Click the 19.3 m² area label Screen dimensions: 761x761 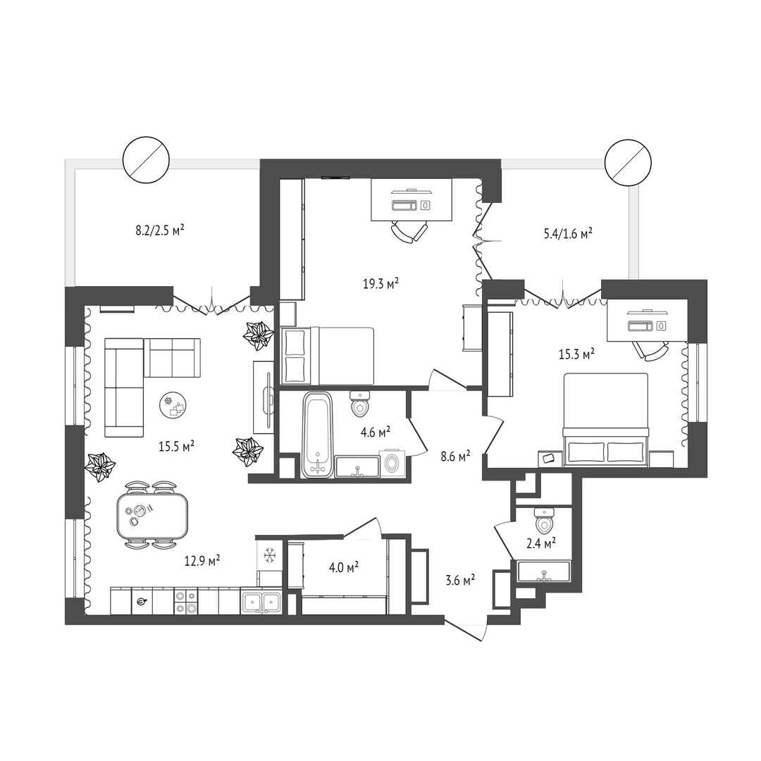[x=381, y=283]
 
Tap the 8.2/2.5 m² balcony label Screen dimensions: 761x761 [x=160, y=229]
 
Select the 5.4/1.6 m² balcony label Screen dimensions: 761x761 [x=568, y=234]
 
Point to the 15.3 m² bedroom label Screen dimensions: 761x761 [x=576, y=354]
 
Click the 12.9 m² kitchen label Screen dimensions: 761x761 [x=202, y=561]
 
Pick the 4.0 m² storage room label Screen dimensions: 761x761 [x=344, y=567]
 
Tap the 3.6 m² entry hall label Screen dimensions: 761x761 [x=460, y=579]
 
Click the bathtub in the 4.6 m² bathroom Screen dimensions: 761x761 [x=317, y=435]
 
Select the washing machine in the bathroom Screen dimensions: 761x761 [x=392, y=464]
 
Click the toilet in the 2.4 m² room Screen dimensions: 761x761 [x=543, y=520]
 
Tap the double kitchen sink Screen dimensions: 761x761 [x=261, y=602]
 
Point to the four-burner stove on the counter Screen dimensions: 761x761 [x=186, y=602]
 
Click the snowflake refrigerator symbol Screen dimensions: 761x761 [x=269, y=555]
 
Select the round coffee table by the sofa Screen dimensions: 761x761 [x=173, y=404]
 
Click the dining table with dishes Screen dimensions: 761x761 [x=152, y=515]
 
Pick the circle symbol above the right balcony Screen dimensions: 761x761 [x=628, y=162]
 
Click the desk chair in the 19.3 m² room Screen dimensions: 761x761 [x=410, y=232]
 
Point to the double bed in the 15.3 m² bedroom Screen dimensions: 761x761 [x=606, y=420]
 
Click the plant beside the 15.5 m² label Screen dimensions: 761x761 [x=247, y=452]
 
